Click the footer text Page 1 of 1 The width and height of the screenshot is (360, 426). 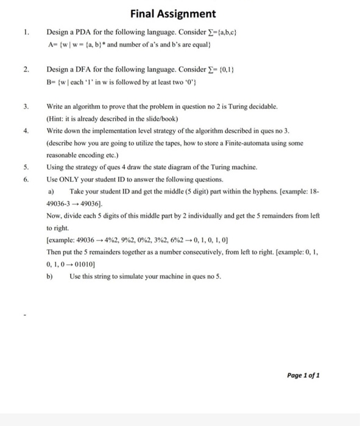click(x=302, y=375)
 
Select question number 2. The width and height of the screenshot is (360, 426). click(x=26, y=70)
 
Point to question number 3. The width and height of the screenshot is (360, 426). click(x=26, y=106)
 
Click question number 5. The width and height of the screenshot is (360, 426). click(x=26, y=166)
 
